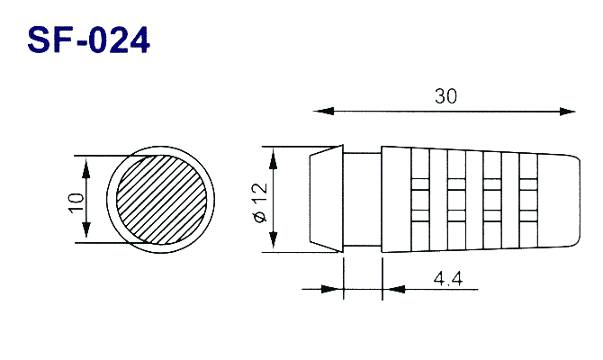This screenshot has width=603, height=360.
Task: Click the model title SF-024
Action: (88, 40)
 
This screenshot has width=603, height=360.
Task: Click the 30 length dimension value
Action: (446, 96)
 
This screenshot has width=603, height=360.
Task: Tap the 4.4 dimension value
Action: (448, 278)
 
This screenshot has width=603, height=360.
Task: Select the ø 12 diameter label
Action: (261, 202)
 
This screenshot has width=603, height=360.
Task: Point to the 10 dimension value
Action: (76, 202)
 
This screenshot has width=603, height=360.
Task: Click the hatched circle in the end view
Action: (161, 199)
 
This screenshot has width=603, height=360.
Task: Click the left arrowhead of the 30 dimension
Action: (324, 112)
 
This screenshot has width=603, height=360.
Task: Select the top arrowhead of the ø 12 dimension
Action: (273, 159)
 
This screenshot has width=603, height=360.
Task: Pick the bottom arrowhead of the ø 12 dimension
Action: (273, 239)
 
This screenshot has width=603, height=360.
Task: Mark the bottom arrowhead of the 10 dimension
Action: (86, 230)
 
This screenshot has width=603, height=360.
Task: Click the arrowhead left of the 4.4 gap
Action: (331, 289)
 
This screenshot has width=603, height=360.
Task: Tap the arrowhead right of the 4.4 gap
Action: (394, 289)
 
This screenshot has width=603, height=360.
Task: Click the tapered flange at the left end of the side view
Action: (327, 199)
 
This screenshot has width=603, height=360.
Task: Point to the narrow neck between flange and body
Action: (363, 199)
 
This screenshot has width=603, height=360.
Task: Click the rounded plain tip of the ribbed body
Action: (559, 199)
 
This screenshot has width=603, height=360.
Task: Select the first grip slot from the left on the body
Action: (420, 199)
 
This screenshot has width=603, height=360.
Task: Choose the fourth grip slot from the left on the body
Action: (528, 199)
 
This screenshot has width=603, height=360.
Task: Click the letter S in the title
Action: (40, 40)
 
